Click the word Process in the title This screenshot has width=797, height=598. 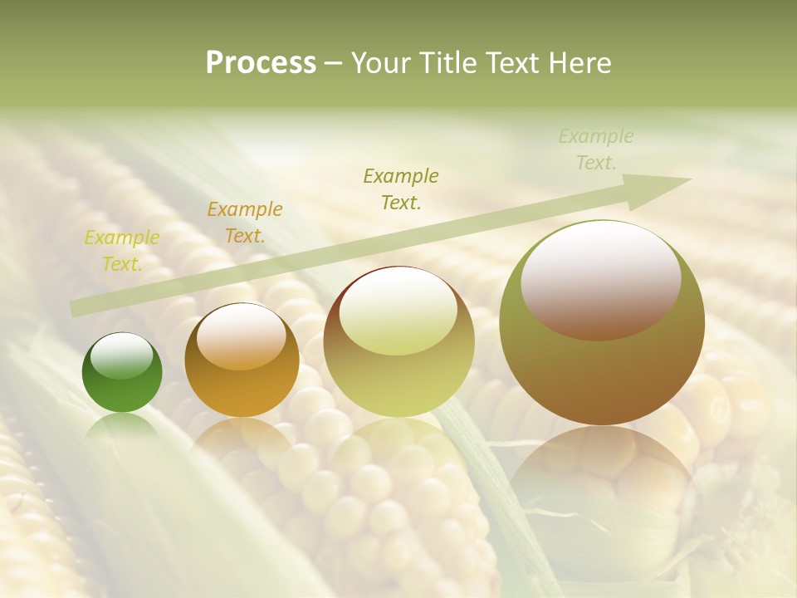pyautogui.click(x=261, y=63)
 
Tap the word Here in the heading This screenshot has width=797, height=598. pyautogui.click(x=579, y=63)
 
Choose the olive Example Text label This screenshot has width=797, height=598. pyautogui.click(x=401, y=189)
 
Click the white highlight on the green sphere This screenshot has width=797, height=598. pyautogui.click(x=122, y=356)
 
